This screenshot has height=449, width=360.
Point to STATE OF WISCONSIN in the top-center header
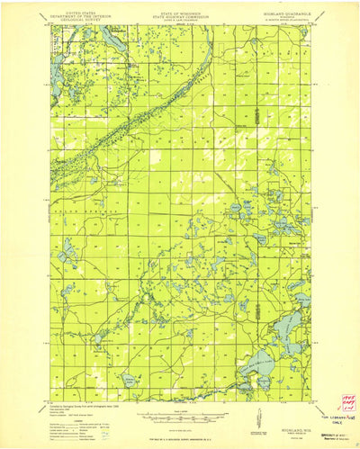pyautogui.click(x=176, y=13)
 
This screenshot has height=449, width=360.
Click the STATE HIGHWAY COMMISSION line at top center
pyautogui.click(x=176, y=17)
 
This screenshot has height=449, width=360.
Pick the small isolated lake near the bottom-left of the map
pyautogui.click(x=129, y=379)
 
